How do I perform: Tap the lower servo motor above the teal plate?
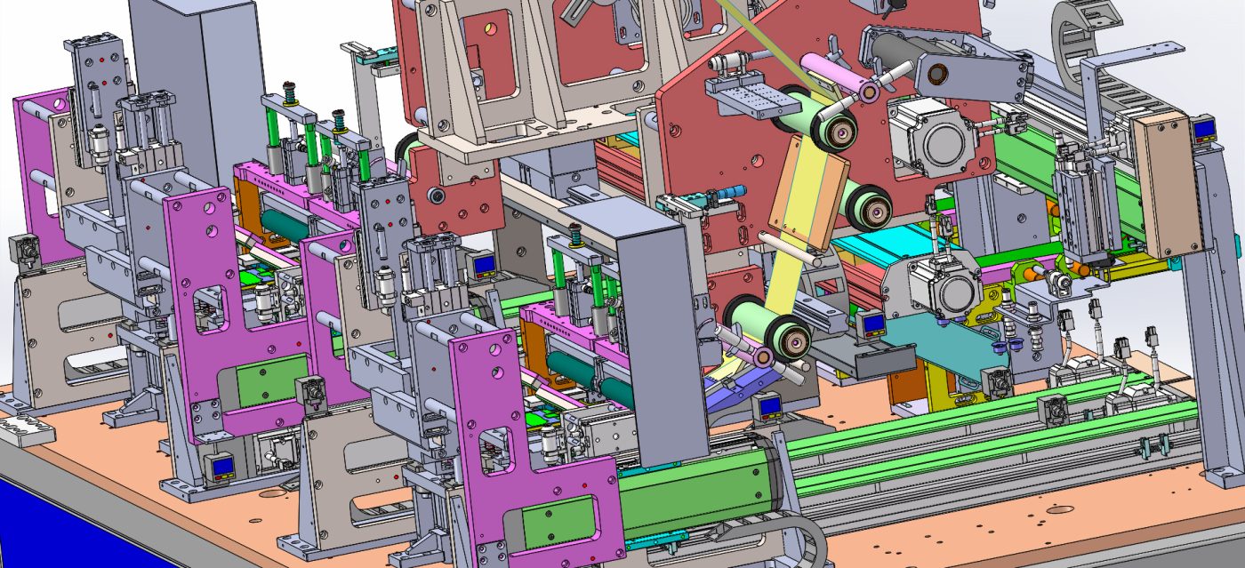[x=944, y=290]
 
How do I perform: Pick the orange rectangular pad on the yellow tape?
[x=807, y=205]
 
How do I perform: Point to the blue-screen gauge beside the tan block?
[x=1206, y=132]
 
